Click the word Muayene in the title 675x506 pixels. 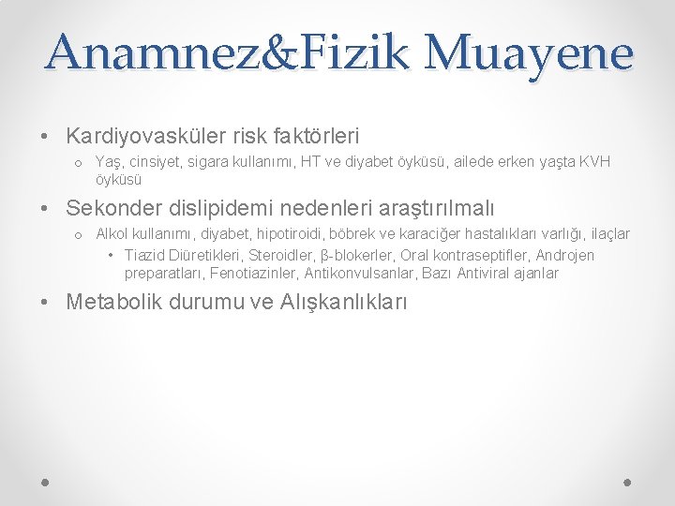pos(529,53)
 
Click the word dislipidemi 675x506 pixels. pos(221,207)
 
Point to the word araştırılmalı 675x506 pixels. pos(435,207)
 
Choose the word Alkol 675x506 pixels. pos(112,233)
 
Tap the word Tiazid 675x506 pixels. pos(145,256)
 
